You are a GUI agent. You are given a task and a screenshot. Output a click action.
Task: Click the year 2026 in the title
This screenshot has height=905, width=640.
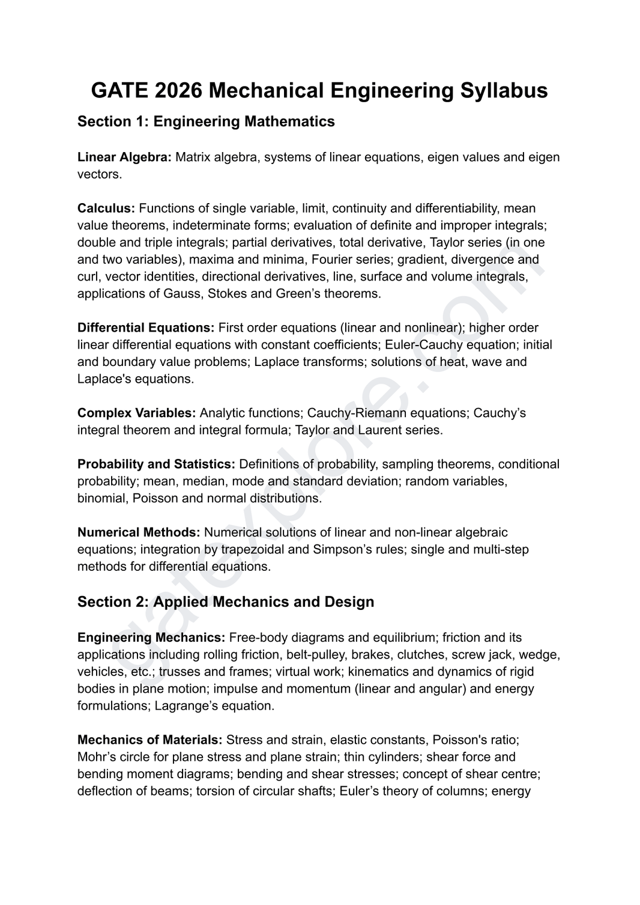click(x=178, y=90)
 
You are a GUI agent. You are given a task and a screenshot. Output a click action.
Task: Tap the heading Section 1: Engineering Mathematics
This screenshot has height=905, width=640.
click(x=206, y=121)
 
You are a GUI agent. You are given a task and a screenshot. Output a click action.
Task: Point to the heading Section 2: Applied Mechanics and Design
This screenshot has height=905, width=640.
click(x=226, y=602)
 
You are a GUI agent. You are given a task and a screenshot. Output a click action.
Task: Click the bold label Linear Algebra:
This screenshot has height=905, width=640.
click(x=124, y=157)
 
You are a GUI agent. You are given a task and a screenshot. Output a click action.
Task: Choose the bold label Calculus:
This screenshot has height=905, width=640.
click(x=106, y=208)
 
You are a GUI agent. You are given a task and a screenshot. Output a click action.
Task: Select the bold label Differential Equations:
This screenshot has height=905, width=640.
click(x=146, y=328)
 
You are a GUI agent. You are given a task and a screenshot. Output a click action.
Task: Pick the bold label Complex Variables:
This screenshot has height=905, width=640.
click(x=136, y=413)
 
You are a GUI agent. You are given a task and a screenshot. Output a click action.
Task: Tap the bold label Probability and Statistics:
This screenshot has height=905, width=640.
click(x=156, y=464)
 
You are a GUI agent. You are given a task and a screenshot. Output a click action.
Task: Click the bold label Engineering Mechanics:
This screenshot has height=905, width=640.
click(x=151, y=637)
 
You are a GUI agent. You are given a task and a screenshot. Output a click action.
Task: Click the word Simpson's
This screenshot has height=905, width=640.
click(x=340, y=549)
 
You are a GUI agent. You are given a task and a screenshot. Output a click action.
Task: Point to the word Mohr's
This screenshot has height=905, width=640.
click(x=95, y=757)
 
